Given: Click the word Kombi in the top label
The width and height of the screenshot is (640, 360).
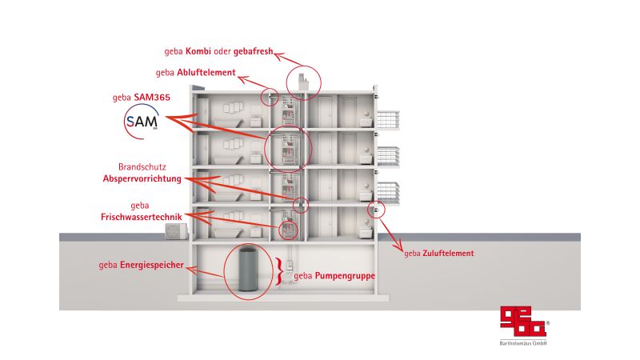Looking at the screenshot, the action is [x=198, y=51].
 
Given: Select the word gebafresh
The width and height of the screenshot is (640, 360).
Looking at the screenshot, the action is [x=253, y=51].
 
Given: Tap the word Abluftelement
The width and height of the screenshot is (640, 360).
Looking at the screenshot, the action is [x=206, y=73].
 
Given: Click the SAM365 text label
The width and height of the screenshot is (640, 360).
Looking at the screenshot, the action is [x=152, y=97].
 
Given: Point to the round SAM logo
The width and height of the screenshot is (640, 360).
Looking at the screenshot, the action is [x=142, y=122].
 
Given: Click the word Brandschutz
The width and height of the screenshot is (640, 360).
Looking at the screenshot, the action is [x=142, y=167].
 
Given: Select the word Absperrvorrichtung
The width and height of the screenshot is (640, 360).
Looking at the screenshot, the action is [x=142, y=178].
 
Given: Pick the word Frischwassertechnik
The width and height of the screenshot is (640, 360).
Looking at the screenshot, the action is [x=142, y=217].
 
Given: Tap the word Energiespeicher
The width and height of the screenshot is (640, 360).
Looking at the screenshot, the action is [x=151, y=266].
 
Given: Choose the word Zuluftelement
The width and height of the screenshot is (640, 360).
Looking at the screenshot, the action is [x=448, y=254].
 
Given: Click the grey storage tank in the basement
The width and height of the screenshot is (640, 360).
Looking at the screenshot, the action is [x=247, y=270].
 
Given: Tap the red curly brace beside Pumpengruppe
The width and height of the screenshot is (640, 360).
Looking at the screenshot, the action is [x=278, y=271].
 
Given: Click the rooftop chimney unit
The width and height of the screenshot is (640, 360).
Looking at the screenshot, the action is [x=303, y=82].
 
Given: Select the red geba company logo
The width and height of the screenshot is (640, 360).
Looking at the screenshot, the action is [x=523, y=322].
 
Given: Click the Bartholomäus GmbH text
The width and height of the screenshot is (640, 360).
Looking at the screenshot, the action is [x=523, y=343].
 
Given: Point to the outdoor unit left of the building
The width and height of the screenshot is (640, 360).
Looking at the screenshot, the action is [x=176, y=231].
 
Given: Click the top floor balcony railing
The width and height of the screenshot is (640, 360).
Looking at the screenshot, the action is [x=388, y=119].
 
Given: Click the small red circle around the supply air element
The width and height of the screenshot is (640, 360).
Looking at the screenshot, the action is [x=376, y=210].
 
